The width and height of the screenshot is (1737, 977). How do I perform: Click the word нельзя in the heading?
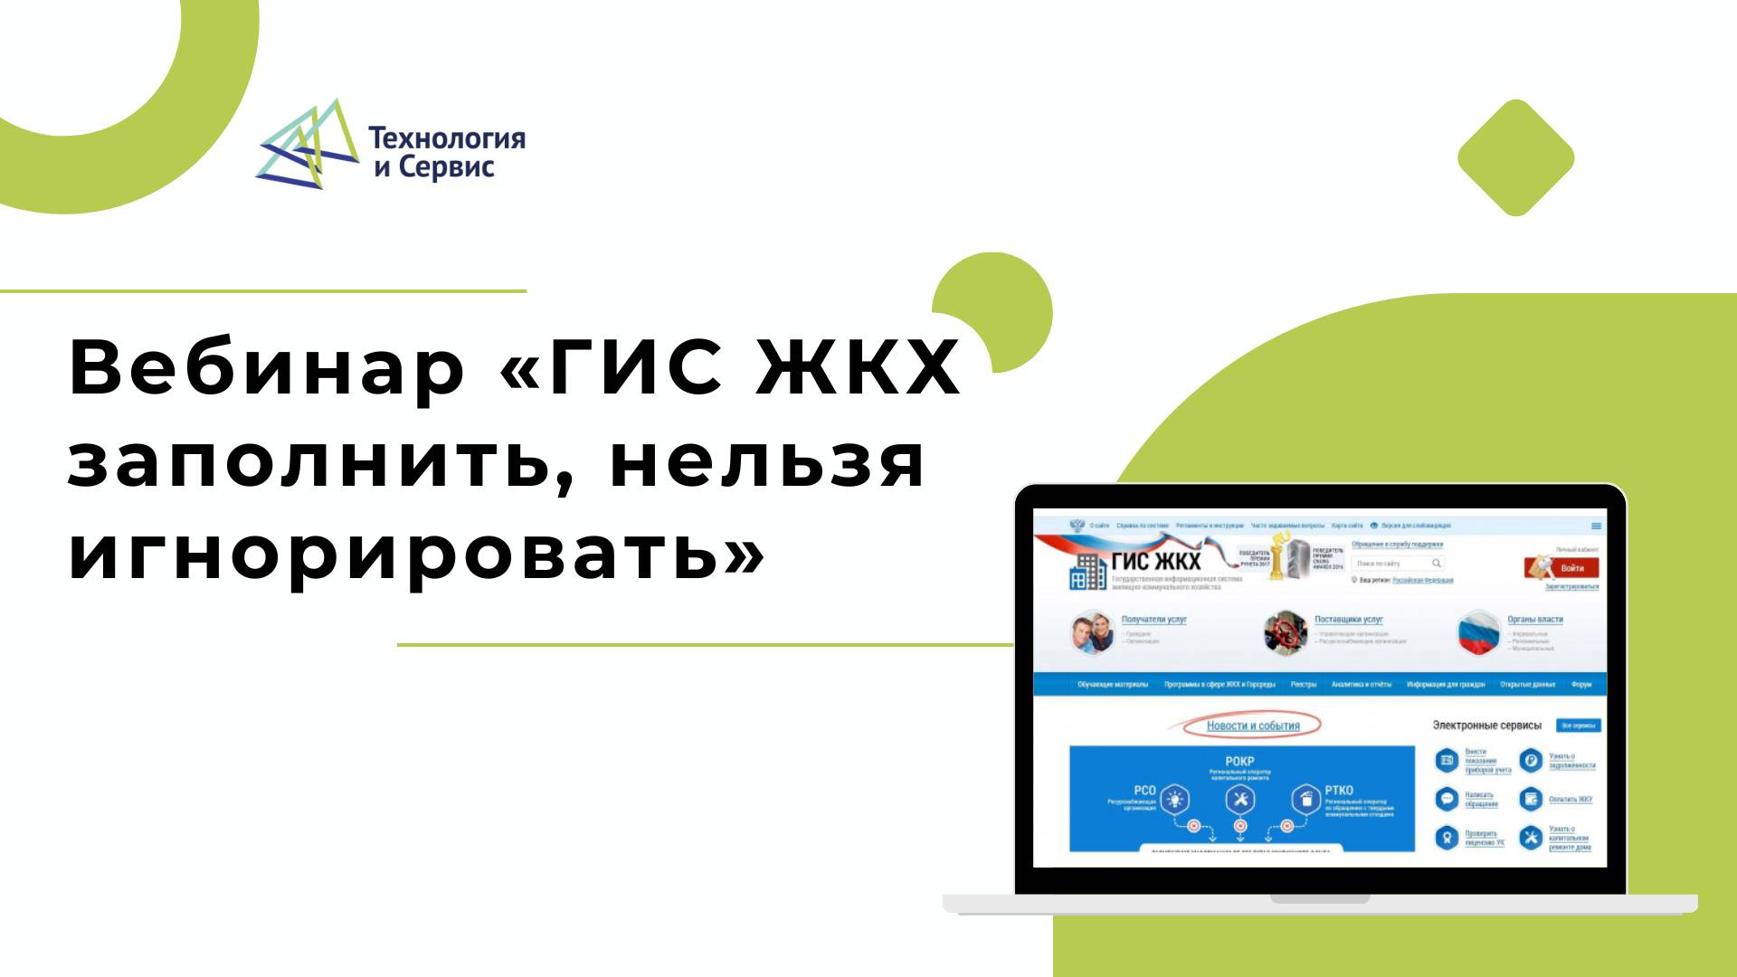[x=768, y=461]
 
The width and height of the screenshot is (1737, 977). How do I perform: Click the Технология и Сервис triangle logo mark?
[x=307, y=145]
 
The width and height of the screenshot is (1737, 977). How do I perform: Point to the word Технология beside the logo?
[x=446, y=138]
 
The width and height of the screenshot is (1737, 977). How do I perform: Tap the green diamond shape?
[x=1515, y=158]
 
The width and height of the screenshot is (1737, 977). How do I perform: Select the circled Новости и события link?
[x=1252, y=726]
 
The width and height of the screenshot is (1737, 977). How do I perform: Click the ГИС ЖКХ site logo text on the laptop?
[x=1155, y=561]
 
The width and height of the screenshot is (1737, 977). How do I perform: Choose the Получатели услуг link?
[x=1153, y=620]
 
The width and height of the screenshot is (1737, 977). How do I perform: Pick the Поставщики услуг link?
[x=1348, y=620]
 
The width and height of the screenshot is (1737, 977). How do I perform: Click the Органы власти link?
[x=1534, y=620]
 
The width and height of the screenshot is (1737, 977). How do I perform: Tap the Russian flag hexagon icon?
[x=1479, y=633]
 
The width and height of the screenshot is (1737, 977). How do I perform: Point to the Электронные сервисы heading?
[x=1486, y=726]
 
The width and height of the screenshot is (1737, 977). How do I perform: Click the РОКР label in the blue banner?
[x=1239, y=761]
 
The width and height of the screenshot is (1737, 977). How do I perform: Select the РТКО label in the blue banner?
[x=1338, y=790]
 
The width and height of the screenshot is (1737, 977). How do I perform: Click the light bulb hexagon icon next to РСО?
[x=1174, y=800]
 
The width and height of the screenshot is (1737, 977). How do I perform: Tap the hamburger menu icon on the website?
[x=1596, y=526]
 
